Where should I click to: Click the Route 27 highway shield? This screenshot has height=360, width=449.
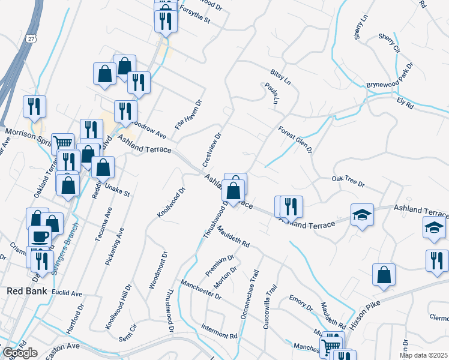tap(30, 38)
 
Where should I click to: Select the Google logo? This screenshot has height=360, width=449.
tap(20, 353)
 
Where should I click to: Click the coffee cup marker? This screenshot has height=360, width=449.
tap(40, 236)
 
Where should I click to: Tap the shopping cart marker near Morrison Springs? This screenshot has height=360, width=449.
tap(62, 143)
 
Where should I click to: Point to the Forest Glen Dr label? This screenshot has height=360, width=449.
tap(295, 139)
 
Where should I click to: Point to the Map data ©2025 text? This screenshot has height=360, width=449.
tap(424, 355)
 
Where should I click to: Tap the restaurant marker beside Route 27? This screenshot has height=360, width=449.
tap(34, 107)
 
